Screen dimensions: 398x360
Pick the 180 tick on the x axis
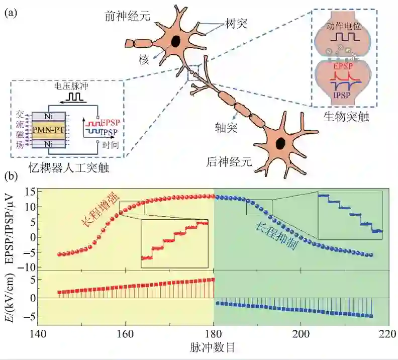[x=214, y=333]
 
